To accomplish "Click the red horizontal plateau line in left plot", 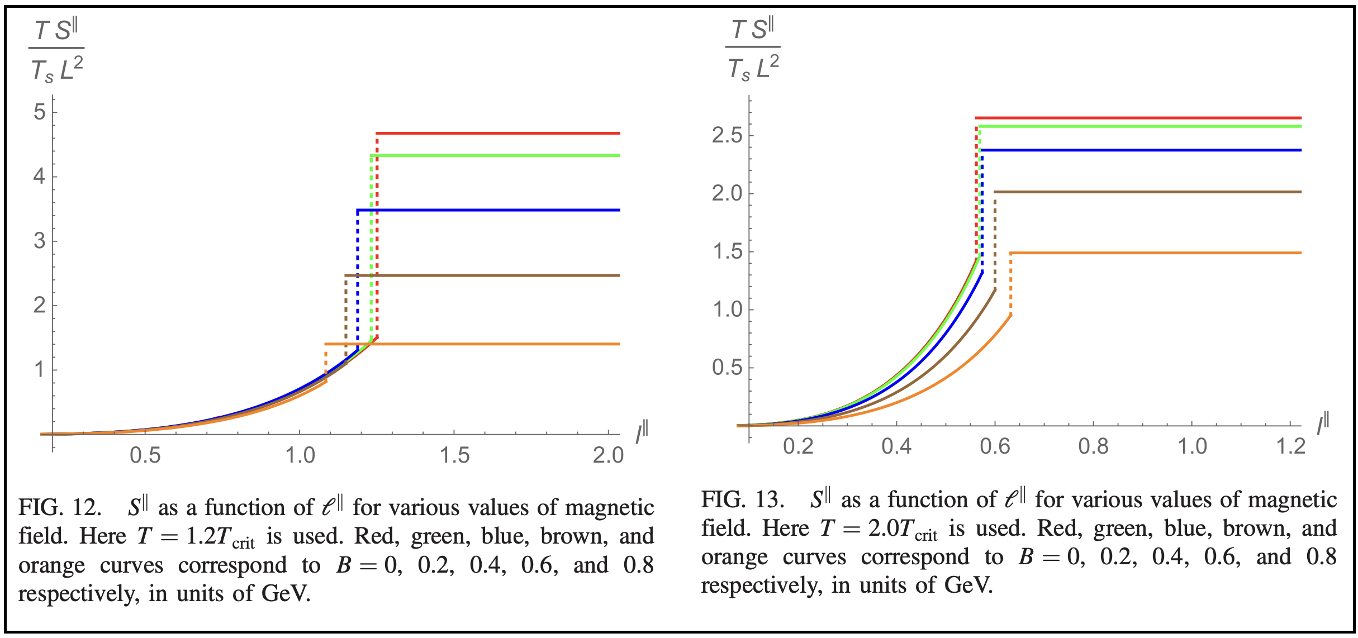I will pos(497,134).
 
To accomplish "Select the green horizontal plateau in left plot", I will pos(497,155).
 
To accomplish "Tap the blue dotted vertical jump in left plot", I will pos(358,279).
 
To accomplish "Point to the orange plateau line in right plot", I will pos(1157,253).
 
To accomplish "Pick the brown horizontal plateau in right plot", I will pos(1146,192).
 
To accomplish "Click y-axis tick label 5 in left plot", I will pos(39,112).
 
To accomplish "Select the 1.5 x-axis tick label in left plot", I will pos(454,456).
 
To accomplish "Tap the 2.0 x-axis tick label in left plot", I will pos(608,456).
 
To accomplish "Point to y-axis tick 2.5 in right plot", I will pos(727,135).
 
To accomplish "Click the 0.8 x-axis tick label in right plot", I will pos(1094,446).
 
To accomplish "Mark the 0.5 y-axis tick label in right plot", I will pos(727,368).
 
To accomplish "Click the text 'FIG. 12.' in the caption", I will pos(60,508).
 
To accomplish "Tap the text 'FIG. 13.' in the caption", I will pos(743,499).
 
